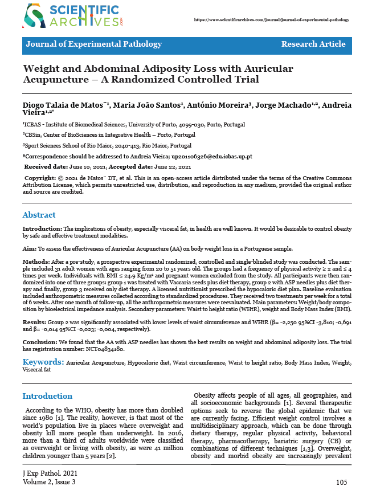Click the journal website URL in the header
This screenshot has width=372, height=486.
tap(272, 19)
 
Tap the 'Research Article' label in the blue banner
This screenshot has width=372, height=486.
tap(313, 44)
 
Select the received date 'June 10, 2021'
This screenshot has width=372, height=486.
tap(87, 167)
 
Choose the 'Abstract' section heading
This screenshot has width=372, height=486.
tap(39, 215)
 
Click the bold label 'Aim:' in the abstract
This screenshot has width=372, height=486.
tap(29, 249)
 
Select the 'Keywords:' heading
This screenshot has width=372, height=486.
tap(43, 362)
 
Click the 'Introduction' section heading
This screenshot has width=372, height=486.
tap(47, 396)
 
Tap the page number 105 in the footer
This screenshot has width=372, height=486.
tap(341, 482)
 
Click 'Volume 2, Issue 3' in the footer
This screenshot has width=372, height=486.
tap(48, 482)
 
